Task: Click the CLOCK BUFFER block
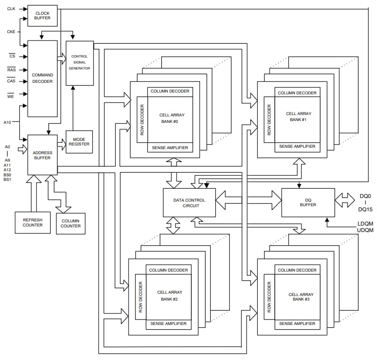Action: click(x=42, y=16)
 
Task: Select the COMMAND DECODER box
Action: click(x=42, y=78)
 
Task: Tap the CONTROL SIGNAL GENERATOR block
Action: click(x=79, y=63)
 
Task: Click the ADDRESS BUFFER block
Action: click(x=42, y=155)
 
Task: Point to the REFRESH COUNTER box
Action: click(x=33, y=222)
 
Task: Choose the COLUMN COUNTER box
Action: click(x=71, y=223)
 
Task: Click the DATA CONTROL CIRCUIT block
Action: click(x=189, y=203)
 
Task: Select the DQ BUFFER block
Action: click(x=308, y=203)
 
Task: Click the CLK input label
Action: click(x=12, y=9)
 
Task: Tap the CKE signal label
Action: click(x=12, y=31)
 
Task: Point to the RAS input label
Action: click(x=12, y=69)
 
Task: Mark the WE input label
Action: click(x=11, y=95)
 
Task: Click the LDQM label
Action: click(x=365, y=223)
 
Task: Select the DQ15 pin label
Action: click(x=365, y=209)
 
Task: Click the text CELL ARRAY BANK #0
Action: click(x=170, y=116)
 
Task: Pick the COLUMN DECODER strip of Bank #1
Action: click(x=297, y=93)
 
